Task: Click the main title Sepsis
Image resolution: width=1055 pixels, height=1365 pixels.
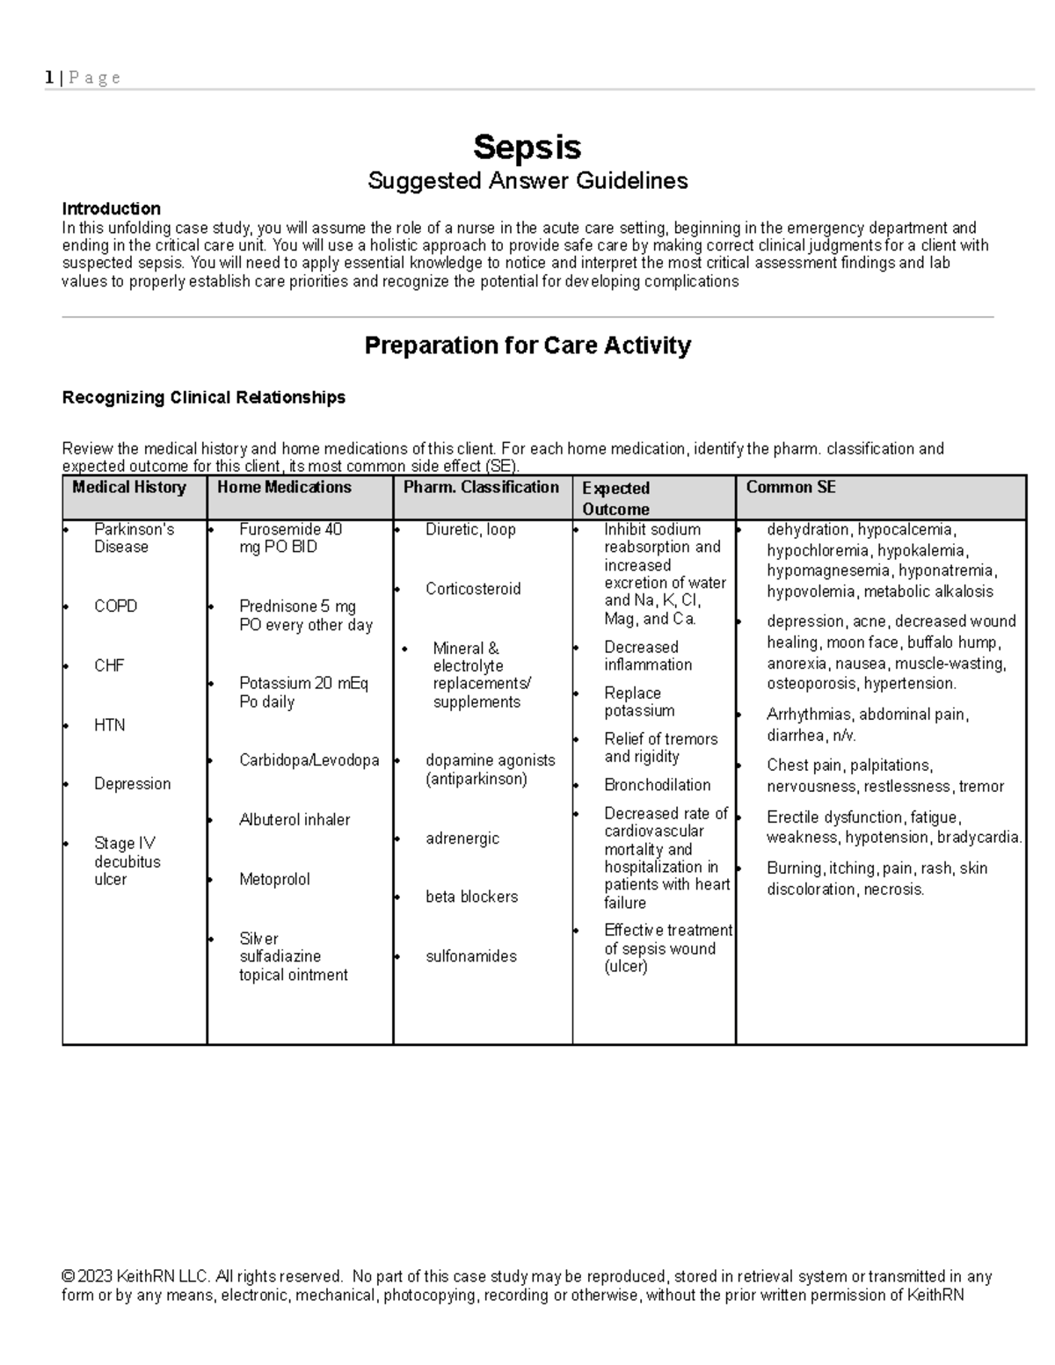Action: tap(527, 147)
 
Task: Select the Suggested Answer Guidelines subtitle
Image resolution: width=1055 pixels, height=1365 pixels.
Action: tap(527, 181)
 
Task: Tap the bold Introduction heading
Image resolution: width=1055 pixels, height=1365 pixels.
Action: tap(111, 208)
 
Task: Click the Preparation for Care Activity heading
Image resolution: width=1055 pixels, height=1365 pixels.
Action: tap(527, 345)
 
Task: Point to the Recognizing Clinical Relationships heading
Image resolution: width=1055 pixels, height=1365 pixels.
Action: tap(203, 397)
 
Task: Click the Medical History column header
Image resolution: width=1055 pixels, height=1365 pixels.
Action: tap(129, 488)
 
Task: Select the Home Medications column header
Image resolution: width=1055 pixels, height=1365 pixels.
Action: tap(284, 488)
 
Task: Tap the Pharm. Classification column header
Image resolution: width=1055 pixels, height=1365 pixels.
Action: tap(481, 488)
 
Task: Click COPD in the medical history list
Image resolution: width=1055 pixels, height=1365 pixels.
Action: tap(115, 606)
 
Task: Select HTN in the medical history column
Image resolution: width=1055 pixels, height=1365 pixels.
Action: tap(109, 725)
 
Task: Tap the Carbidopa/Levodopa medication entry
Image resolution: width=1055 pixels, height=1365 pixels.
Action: tap(309, 760)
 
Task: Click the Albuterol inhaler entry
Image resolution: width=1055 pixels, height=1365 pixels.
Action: tap(294, 820)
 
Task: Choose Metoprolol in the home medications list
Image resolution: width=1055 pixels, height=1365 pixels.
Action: tap(274, 879)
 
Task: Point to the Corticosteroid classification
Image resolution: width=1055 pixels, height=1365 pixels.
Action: tap(473, 589)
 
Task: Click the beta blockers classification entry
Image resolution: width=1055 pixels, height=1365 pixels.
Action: tap(471, 897)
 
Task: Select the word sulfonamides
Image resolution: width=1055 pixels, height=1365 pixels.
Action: tap(471, 956)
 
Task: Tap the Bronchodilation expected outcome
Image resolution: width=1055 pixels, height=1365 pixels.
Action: tap(657, 785)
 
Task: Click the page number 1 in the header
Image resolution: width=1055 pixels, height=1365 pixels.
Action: tap(48, 77)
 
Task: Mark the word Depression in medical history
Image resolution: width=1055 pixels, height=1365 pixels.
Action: tap(132, 784)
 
